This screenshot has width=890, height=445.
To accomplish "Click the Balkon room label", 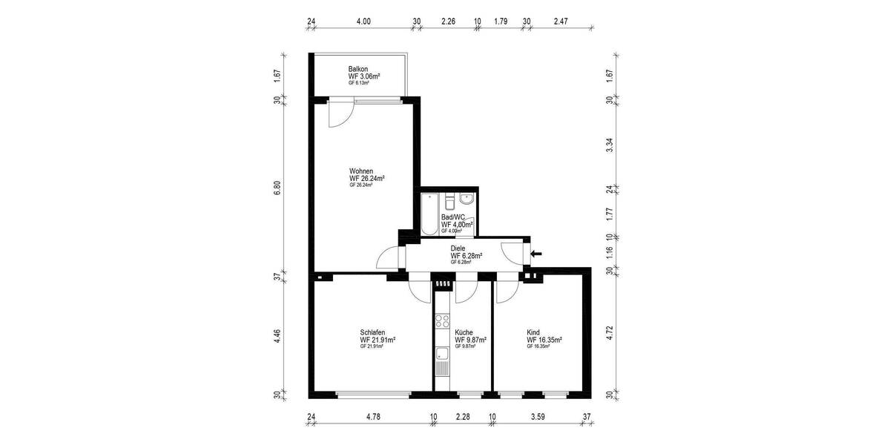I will [359, 69].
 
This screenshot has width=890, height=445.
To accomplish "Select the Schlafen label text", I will [372, 332].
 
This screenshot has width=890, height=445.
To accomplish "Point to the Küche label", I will [464, 332].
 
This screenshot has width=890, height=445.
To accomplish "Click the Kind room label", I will [533, 332].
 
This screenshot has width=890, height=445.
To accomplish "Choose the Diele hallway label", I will [458, 248].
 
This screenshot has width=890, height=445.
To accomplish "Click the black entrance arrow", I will [536, 254].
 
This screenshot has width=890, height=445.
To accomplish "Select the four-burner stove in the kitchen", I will [443, 321].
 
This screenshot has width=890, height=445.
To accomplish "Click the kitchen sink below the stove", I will [442, 355].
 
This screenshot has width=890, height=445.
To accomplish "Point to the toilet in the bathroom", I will [449, 202].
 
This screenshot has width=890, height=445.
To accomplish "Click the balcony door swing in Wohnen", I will [339, 112].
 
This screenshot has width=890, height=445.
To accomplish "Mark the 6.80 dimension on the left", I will [277, 188].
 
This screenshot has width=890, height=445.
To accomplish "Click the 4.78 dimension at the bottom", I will [373, 417].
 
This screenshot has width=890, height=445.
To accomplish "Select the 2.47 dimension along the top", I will [561, 22].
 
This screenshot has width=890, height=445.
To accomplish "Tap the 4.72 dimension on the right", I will [610, 331].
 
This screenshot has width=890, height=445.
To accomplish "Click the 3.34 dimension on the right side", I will [610, 145].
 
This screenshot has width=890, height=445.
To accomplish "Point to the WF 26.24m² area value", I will [366, 179].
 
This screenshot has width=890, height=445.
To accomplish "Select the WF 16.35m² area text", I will [544, 340].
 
